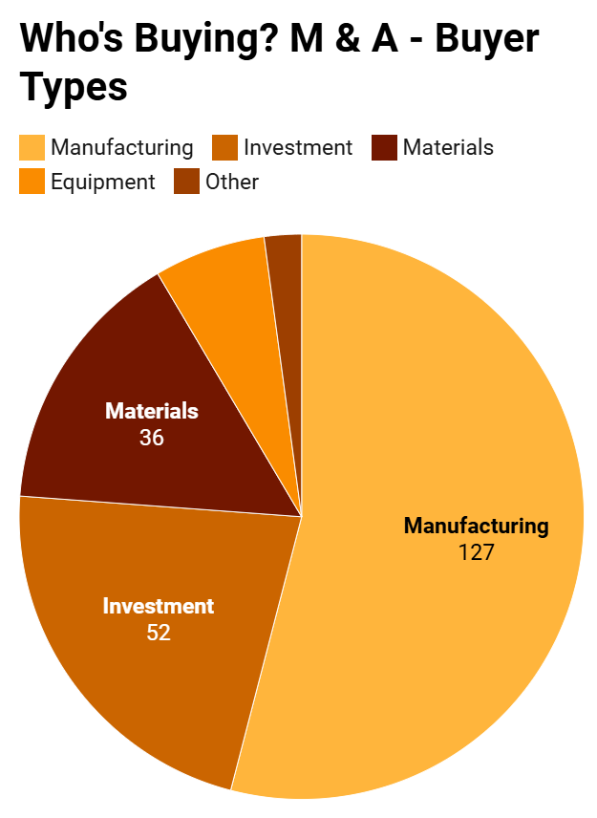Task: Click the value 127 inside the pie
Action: [476, 551]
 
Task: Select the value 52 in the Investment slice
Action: [159, 632]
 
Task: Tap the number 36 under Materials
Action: [151, 438]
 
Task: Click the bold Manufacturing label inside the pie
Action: [476, 526]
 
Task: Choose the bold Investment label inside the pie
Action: [159, 606]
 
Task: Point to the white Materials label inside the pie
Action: [151, 412]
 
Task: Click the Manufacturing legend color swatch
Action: [32, 147]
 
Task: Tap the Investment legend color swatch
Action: [224, 147]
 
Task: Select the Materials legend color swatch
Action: [384, 147]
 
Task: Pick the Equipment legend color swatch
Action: [32, 181]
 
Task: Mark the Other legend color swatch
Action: [186, 181]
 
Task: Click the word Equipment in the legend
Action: [102, 182]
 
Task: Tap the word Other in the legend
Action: [232, 182]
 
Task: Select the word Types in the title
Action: [74, 88]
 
